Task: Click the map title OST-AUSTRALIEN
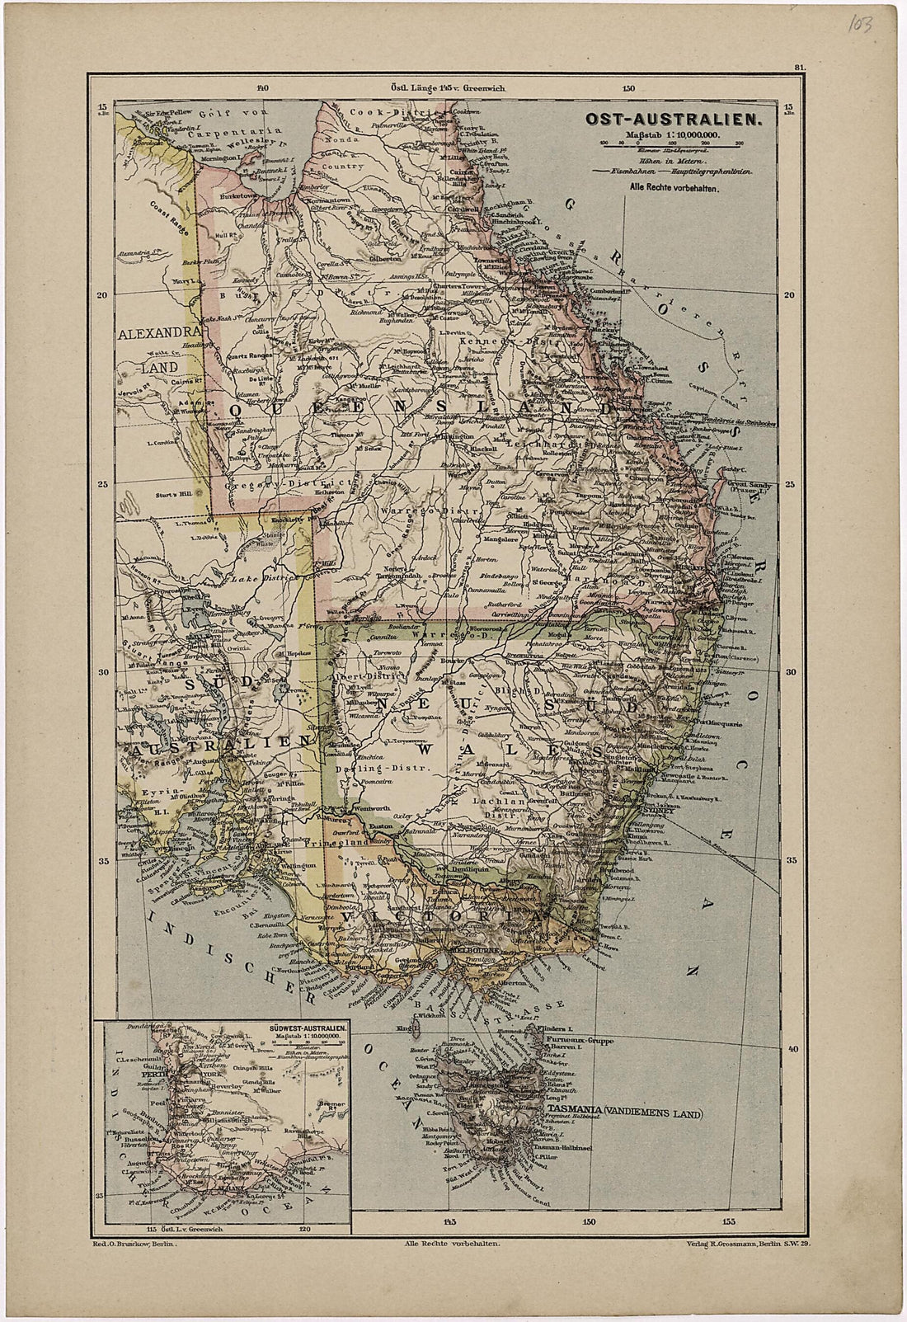pos(672,120)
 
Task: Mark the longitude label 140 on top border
pos(262,88)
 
